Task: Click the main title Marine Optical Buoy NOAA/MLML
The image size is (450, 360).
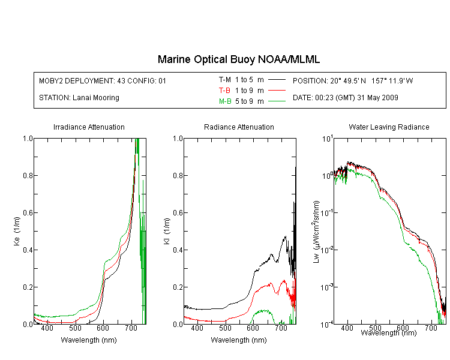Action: click(238, 59)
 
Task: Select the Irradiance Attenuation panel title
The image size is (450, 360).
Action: click(89, 127)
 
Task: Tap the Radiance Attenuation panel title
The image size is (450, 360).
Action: click(239, 127)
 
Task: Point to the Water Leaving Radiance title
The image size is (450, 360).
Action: click(389, 127)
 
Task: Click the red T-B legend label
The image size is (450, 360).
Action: click(224, 91)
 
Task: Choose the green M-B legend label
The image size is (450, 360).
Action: click(225, 101)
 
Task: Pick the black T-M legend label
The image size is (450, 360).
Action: click(225, 80)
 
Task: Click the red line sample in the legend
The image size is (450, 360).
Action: click(277, 91)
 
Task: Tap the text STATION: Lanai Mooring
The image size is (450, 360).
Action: click(79, 98)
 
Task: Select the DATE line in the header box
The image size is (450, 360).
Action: click(345, 98)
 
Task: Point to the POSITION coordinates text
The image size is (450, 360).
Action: click(353, 80)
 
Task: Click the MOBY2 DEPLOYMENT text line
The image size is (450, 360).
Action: click(103, 80)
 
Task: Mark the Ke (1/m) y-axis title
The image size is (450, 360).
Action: click(17, 231)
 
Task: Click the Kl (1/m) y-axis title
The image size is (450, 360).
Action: click(167, 231)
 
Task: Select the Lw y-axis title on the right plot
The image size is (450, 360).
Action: click(316, 232)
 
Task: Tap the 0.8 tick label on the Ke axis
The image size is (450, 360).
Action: click(28, 175)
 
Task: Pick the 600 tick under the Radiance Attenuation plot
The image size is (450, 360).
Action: click(253, 328)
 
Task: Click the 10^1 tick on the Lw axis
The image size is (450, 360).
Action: click(328, 139)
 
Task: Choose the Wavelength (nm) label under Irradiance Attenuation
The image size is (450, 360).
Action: click(89, 340)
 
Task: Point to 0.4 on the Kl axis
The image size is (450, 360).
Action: click(178, 250)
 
